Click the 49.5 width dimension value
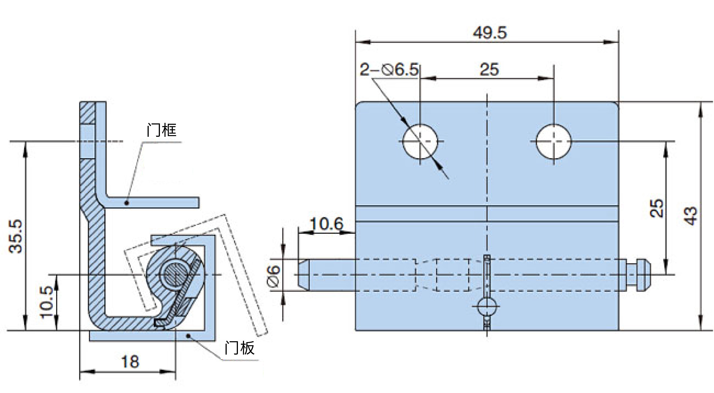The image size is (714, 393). (x=490, y=33)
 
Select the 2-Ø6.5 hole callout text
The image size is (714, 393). (x=389, y=70)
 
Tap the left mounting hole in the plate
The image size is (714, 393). (x=420, y=142)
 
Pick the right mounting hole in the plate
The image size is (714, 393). (x=554, y=142)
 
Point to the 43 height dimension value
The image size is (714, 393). (x=689, y=216)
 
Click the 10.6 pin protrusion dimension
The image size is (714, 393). (x=327, y=224)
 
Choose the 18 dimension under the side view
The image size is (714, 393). (x=130, y=362)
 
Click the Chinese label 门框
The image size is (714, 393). (x=162, y=130)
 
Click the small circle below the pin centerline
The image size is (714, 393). (x=487, y=306)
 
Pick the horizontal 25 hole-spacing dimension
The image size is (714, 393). (x=489, y=70)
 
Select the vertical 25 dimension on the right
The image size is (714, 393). (x=657, y=208)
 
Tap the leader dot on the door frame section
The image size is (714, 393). (x=127, y=203)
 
